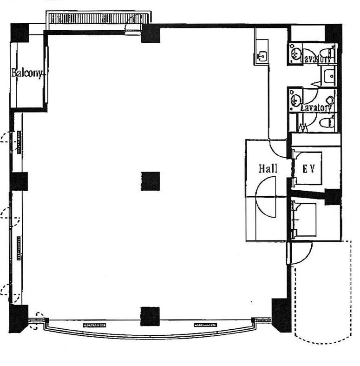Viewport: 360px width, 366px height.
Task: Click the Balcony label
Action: click(27, 73)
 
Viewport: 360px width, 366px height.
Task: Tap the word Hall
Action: click(268, 168)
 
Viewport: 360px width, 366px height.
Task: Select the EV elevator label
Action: click(308, 168)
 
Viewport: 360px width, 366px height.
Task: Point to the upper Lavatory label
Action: click(317, 59)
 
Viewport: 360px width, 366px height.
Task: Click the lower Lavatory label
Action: click(316, 108)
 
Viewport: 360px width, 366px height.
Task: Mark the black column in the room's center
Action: click(151, 181)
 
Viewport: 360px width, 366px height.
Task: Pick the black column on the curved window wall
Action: click(150, 316)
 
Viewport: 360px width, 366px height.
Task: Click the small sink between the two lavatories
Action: click(329, 76)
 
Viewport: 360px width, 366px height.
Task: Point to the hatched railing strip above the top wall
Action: click(98, 18)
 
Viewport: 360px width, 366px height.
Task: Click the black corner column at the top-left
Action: click(20, 33)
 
